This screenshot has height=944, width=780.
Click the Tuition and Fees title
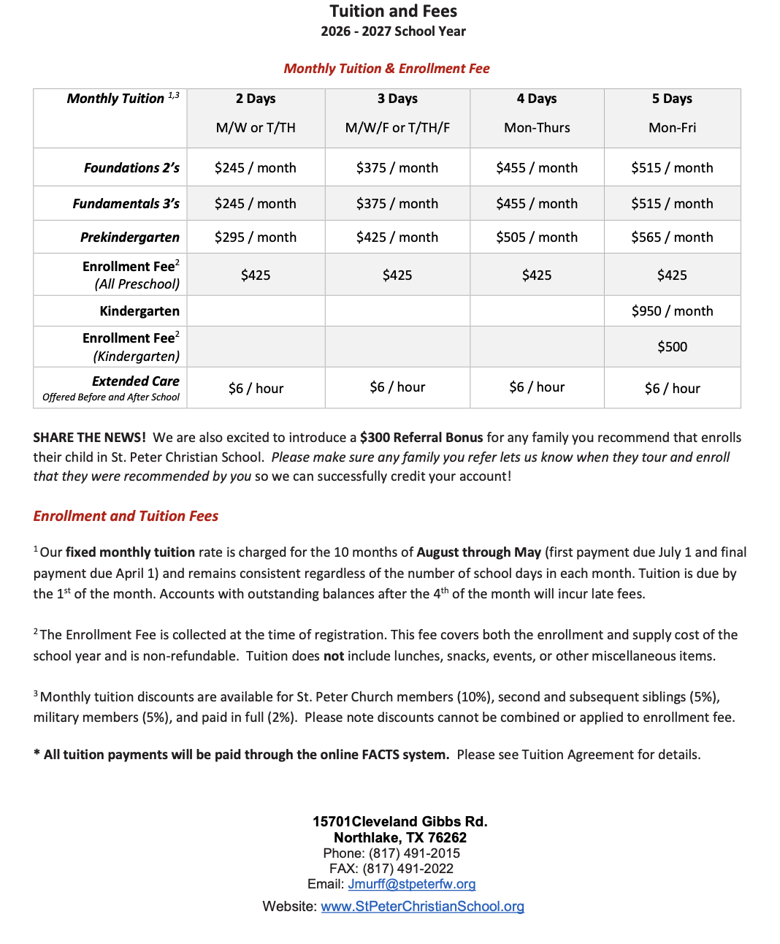[x=393, y=11]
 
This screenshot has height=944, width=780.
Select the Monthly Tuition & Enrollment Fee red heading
[x=386, y=69]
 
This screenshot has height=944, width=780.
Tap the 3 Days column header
[x=397, y=99]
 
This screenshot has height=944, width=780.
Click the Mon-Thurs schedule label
[x=537, y=128]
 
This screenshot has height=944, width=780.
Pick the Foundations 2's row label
[x=131, y=168]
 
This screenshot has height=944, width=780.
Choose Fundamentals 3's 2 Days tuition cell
[x=256, y=204]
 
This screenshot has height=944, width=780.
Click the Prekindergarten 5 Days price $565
[x=672, y=237]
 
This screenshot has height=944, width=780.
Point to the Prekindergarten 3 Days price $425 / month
[x=397, y=237]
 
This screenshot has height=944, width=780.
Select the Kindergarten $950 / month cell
[x=672, y=311]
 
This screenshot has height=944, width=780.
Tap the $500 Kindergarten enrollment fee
[x=672, y=347]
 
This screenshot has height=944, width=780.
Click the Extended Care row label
[x=135, y=381]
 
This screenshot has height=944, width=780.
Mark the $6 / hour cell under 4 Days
[x=537, y=387]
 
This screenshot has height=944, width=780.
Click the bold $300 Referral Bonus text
[x=421, y=438]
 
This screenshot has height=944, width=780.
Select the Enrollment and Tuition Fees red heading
[x=126, y=516]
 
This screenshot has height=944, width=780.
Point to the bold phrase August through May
[x=479, y=552]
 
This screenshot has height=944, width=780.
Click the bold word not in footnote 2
[x=334, y=656]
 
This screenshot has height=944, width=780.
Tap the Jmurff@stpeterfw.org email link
[x=412, y=884]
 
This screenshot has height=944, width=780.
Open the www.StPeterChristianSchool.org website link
[x=422, y=907]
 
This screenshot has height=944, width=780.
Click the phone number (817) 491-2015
[x=414, y=853]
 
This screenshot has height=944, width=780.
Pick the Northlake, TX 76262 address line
[x=400, y=837]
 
